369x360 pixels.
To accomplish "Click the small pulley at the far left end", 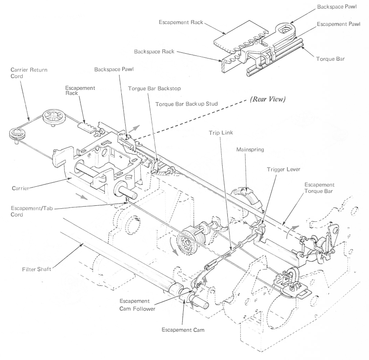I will click(x=16, y=133).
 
